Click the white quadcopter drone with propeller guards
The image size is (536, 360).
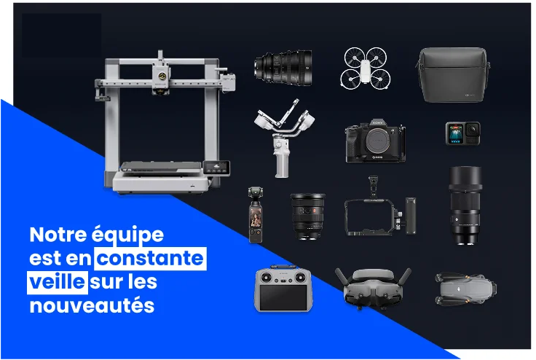[x=366, y=68]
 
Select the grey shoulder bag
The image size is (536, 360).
[x=453, y=74]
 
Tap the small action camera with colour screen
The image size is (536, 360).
[x=463, y=133]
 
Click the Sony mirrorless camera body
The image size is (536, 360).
[x=375, y=141]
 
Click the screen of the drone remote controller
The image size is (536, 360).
[x=283, y=297]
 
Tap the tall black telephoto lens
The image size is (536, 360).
[x=465, y=206]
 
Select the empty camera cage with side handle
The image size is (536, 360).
[x=379, y=211]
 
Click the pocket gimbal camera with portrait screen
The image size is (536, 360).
[x=256, y=215]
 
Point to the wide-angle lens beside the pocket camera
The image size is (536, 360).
[x=307, y=216]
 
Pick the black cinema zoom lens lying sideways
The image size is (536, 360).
[x=283, y=68]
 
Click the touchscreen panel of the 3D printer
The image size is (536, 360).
[x=217, y=168]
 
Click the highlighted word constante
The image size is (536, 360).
[x=151, y=259]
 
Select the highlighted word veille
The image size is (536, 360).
[x=58, y=282]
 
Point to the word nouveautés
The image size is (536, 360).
[x=92, y=305]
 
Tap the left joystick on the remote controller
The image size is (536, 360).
[x=266, y=277]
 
